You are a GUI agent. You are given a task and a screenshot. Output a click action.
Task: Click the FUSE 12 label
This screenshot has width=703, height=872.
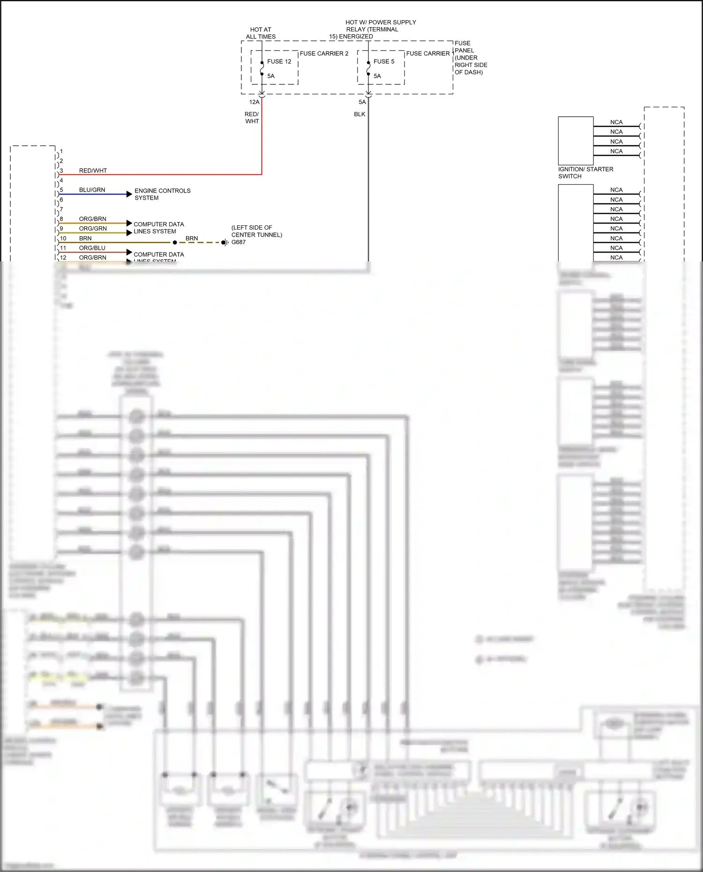click(279, 61)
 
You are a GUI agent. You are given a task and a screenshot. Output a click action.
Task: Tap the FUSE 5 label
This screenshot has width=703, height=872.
click(384, 61)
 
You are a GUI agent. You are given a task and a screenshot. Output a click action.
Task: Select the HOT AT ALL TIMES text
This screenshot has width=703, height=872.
click(261, 33)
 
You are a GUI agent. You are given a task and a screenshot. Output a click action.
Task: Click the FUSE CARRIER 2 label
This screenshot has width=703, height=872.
click(324, 53)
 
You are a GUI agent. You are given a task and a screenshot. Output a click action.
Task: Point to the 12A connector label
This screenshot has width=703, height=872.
click(254, 102)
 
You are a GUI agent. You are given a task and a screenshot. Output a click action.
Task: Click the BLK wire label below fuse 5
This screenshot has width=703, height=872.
click(359, 114)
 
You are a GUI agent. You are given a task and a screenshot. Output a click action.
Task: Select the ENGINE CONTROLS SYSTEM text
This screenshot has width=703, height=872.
click(162, 194)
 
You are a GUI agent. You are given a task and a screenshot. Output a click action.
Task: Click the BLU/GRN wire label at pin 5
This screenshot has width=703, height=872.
click(92, 190)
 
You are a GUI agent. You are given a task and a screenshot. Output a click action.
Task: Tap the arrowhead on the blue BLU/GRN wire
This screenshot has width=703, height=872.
click(129, 194)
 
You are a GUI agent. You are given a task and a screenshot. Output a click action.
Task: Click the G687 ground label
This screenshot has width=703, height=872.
click(239, 242)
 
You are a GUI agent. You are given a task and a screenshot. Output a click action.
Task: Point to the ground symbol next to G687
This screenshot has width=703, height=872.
click(225, 242)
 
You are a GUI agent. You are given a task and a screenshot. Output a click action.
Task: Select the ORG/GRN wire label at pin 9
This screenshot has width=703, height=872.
click(93, 228)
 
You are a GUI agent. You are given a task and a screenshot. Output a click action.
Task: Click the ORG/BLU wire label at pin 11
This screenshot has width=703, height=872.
click(92, 248)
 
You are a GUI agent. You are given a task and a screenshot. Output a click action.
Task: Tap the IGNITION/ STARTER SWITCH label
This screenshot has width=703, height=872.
click(585, 172)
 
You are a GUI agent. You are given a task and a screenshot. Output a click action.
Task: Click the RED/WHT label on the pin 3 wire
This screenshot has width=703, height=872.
click(93, 171)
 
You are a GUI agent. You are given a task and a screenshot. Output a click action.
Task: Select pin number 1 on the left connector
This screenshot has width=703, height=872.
click(61, 151)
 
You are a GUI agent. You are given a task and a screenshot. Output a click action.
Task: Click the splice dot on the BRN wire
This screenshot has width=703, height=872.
click(175, 243)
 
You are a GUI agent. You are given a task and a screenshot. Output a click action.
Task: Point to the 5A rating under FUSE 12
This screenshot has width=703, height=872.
click(271, 76)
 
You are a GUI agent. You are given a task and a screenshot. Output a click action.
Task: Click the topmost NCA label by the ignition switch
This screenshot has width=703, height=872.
click(616, 122)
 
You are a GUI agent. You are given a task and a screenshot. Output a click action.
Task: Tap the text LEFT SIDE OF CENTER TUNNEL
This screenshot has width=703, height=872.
click(256, 231)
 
